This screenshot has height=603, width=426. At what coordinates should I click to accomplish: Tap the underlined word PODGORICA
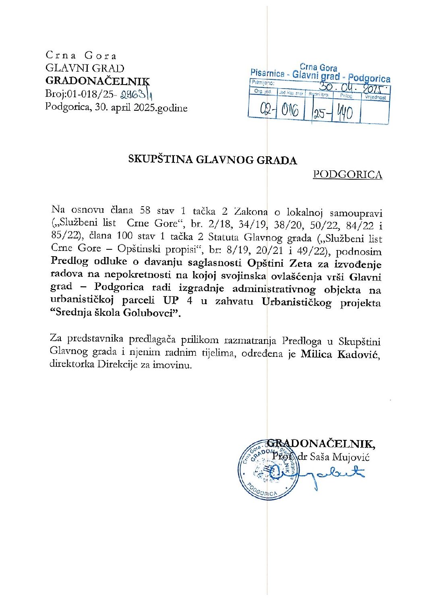point(347,174)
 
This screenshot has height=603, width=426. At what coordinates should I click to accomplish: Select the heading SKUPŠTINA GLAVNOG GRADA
point(212,160)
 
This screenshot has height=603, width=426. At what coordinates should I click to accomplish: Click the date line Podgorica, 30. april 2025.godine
point(116,108)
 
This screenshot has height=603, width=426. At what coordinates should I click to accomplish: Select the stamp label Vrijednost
point(375,97)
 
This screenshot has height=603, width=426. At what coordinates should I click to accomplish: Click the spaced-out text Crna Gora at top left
point(81,56)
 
